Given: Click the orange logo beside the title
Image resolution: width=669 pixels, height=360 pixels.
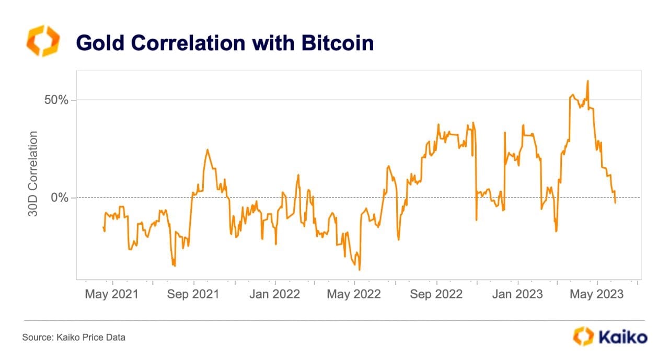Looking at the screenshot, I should (43, 41).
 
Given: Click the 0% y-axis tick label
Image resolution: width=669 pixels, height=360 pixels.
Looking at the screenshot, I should (59, 198).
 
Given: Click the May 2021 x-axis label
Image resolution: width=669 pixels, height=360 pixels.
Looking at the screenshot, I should (111, 294).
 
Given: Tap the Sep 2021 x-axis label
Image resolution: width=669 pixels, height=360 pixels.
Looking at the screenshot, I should (193, 294).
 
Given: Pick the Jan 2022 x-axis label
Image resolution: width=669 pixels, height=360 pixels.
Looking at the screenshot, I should (274, 294).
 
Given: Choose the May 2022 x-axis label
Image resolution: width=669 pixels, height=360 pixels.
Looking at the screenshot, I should (354, 294).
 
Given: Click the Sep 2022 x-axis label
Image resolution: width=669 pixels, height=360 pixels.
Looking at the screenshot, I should (436, 294).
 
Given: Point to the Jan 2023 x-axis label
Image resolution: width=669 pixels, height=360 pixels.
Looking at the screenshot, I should (517, 294).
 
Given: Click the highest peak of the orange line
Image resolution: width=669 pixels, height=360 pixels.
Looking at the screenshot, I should (587, 81).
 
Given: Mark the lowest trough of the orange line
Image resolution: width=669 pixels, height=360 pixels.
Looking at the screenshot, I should (360, 270).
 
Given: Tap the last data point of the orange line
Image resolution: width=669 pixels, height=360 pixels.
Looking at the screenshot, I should (615, 203).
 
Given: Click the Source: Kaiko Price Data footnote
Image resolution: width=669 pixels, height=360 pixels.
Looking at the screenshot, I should (74, 338).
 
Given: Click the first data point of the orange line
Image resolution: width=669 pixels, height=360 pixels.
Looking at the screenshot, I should (103, 226).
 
